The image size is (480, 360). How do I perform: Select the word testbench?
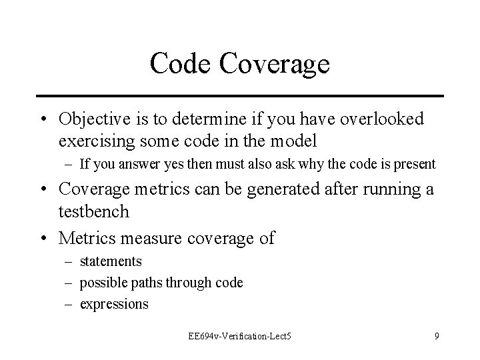[x=93, y=212]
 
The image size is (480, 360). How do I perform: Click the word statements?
[x=111, y=261]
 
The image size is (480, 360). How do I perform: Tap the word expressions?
[x=114, y=305]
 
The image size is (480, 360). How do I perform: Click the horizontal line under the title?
[x=240, y=95]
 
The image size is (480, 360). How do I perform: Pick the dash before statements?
[x=69, y=261]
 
